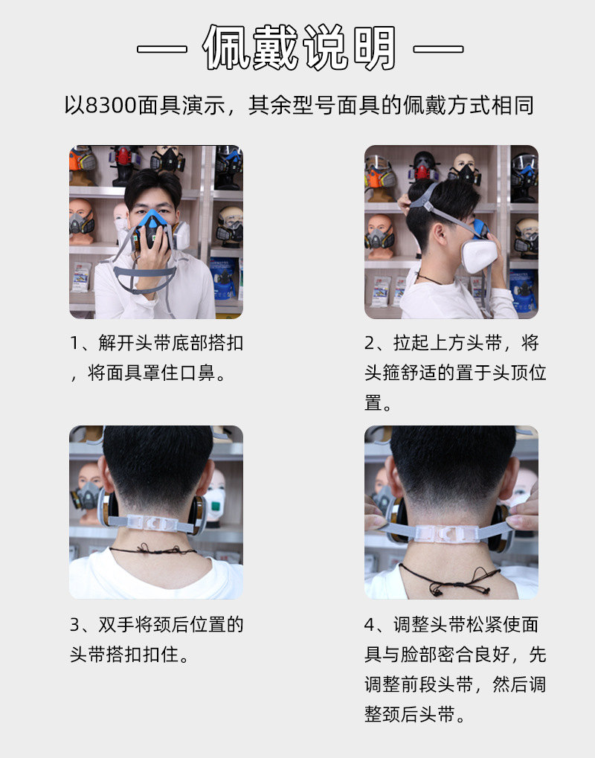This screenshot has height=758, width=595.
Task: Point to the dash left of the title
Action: [161, 50]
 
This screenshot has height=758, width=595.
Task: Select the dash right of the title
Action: [438, 50]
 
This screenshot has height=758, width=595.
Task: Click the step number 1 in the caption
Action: [74, 344]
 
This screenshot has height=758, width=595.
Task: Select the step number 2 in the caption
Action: [370, 344]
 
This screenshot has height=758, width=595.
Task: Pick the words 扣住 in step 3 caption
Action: [162, 655]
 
